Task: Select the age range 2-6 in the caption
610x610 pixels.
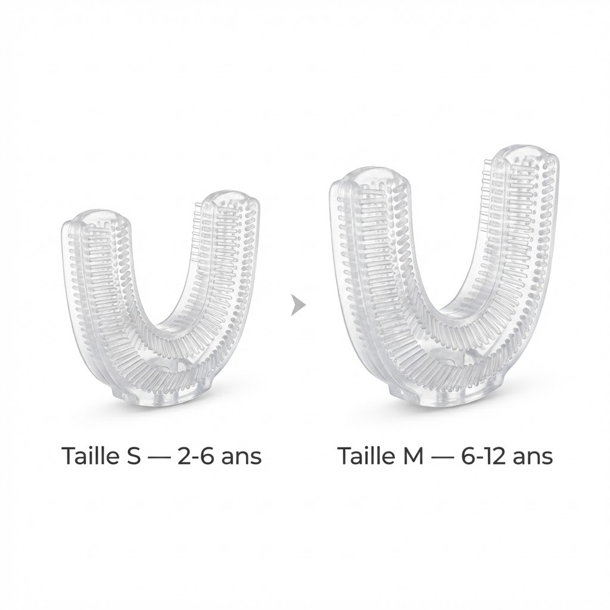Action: pos(195,456)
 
